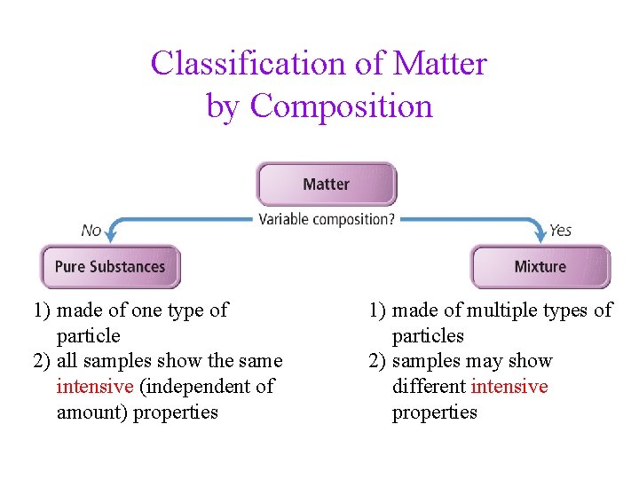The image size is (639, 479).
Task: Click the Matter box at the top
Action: (326, 184)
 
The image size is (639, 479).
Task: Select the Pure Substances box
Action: (110, 266)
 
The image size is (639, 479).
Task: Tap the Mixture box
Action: (540, 266)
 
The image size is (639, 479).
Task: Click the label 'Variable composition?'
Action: (327, 219)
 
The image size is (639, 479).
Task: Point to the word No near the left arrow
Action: (91, 231)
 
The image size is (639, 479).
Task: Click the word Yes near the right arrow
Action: (560, 231)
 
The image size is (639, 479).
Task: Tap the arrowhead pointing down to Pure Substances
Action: (111, 235)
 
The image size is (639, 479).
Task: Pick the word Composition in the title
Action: (342, 106)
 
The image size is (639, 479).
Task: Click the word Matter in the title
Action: (439, 64)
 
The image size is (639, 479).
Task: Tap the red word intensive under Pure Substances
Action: (95, 387)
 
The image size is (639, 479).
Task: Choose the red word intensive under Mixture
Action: (509, 387)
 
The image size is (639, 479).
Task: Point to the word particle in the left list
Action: (88, 336)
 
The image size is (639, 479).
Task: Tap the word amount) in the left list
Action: (91, 412)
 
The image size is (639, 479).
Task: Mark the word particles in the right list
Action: (428, 336)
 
